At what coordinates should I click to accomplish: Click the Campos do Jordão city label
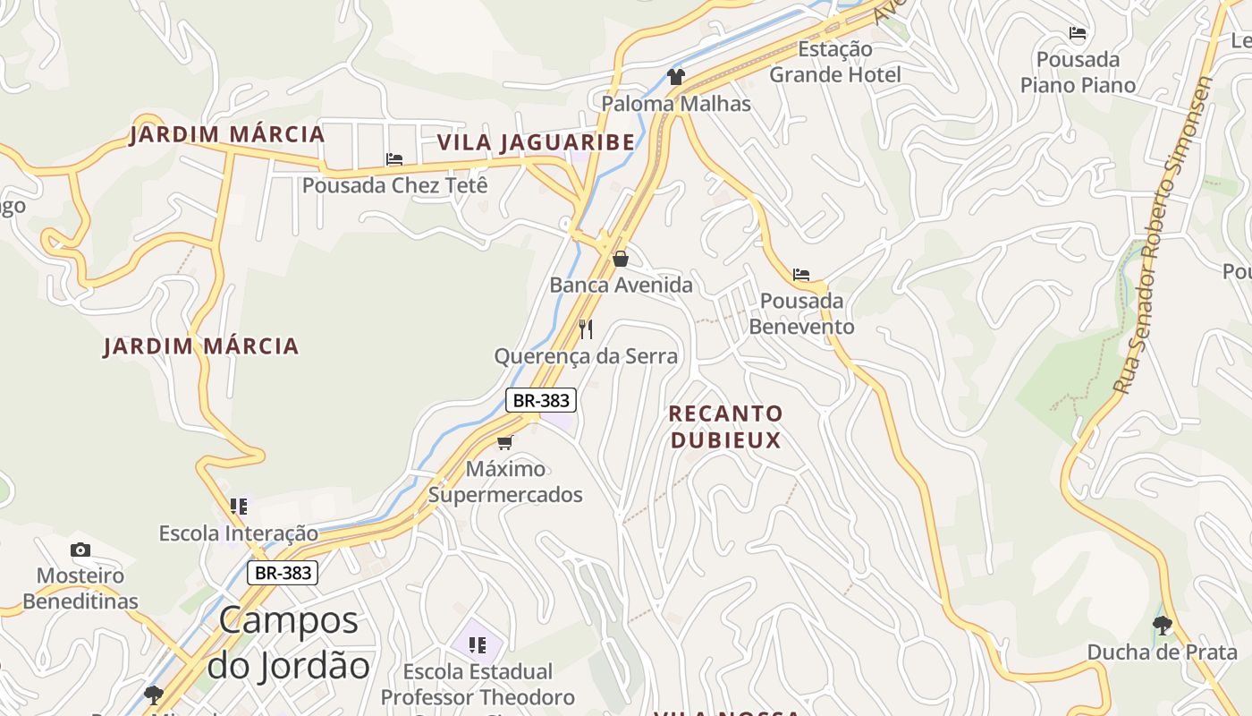pyautogui.click(x=288, y=643)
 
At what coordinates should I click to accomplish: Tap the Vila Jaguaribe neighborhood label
pyautogui.click(x=536, y=142)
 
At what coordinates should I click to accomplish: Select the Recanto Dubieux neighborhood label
pyautogui.click(x=725, y=426)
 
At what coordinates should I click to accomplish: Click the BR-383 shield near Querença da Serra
pyautogui.click(x=540, y=400)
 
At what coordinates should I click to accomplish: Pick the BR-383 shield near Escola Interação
pyautogui.click(x=283, y=573)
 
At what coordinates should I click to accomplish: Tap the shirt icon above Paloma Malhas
pyautogui.click(x=675, y=77)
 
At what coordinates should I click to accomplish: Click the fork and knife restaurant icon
pyautogui.click(x=586, y=329)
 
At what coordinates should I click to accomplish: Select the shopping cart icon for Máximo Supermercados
pyautogui.click(x=505, y=442)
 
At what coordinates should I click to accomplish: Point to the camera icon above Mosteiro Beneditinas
pyautogui.click(x=80, y=550)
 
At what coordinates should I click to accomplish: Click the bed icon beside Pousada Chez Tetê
pyautogui.click(x=394, y=159)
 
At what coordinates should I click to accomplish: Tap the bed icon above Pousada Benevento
pyautogui.click(x=801, y=275)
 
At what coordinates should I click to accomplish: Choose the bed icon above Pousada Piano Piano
pyautogui.click(x=1078, y=34)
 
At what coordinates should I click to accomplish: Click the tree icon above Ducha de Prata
pyautogui.click(x=1162, y=625)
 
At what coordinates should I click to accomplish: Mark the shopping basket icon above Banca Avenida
pyautogui.click(x=621, y=259)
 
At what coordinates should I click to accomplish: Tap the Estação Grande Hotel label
pyautogui.click(x=835, y=62)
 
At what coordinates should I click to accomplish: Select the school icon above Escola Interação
pyautogui.click(x=238, y=507)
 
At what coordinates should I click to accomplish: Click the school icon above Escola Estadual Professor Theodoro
pyautogui.click(x=477, y=644)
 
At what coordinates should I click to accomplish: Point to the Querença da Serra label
pyautogui.click(x=586, y=356)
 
